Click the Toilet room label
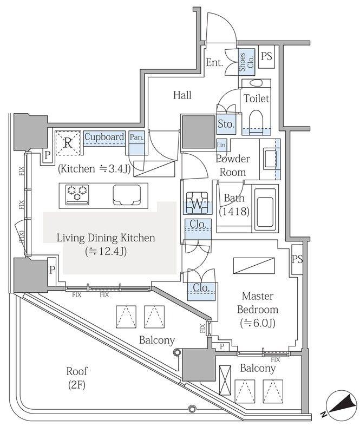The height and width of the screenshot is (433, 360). coord(256,99)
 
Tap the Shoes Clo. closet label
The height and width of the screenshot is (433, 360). coord(246,62)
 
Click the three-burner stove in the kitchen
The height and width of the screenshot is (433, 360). coord(77,194)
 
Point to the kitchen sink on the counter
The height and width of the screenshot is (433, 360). coord(127,195)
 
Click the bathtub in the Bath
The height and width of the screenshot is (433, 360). coord(265,208)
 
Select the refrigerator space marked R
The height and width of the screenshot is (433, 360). coord(68,143)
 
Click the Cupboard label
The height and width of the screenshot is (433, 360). coord(104,137)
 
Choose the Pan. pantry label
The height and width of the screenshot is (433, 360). coord(137,137)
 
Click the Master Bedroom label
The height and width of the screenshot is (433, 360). coord(258,303)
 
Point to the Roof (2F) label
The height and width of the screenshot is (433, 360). coord(77,378)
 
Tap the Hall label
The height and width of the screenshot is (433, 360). coord(182,95)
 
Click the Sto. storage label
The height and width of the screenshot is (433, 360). coord(226,124)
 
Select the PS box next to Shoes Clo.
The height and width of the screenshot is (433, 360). coord(266,57)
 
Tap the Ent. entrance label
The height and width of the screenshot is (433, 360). coord(214,62)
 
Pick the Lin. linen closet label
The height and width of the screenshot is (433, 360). coord(222,145)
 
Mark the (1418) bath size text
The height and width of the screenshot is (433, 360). coord(234,212)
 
